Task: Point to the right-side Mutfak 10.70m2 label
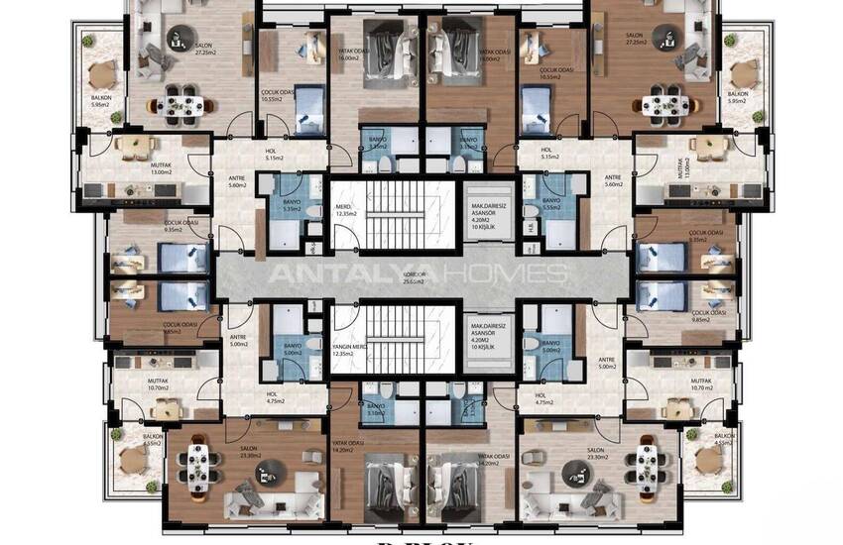701,383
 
